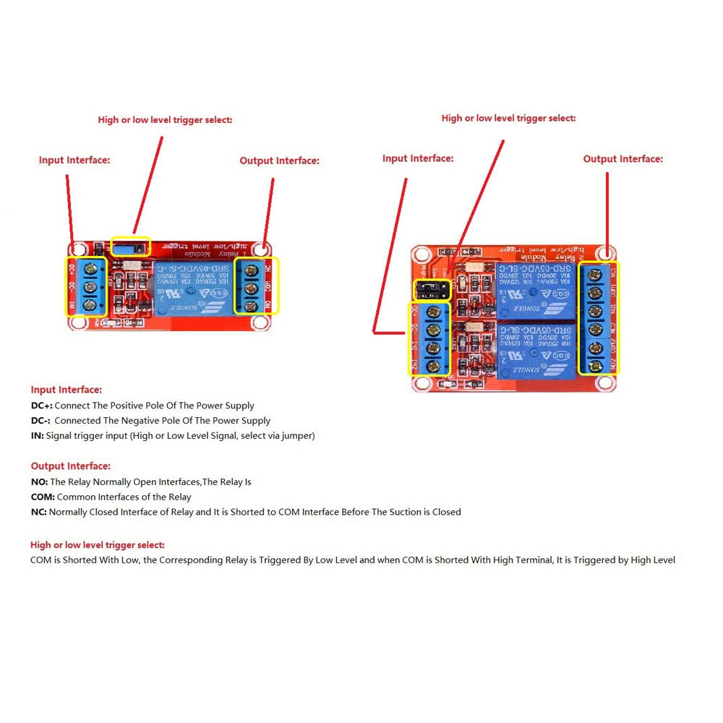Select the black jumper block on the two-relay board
click(x=432, y=291)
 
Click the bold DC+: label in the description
click(x=41, y=406)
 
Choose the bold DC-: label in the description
click(x=40, y=420)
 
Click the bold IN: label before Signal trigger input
click(x=37, y=435)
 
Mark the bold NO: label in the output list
click(x=39, y=482)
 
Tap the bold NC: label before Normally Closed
click(x=39, y=512)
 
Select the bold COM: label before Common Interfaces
click(x=43, y=497)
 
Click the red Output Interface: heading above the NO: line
click(x=71, y=466)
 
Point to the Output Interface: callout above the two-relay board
click(x=623, y=159)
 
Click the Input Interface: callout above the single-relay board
click(x=74, y=160)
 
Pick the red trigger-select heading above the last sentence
click(x=97, y=544)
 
